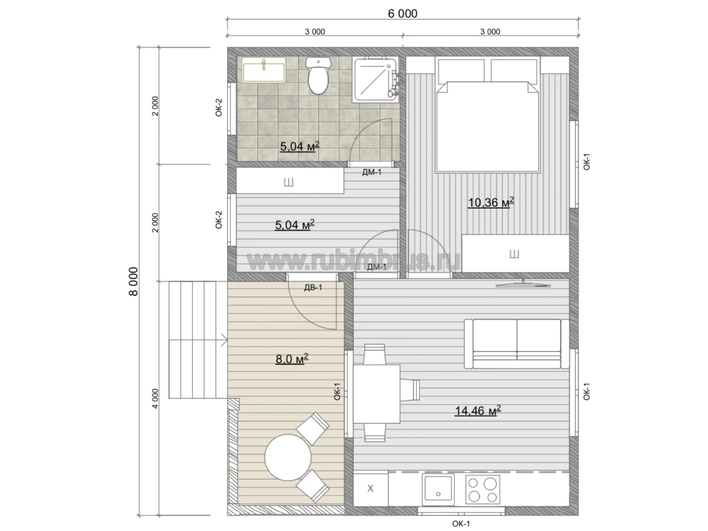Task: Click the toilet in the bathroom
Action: [x=318, y=75]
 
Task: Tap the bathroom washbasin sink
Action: [x=264, y=70]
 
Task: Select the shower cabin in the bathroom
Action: [x=375, y=80]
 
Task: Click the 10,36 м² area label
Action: [x=491, y=203]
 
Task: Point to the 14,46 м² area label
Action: [x=478, y=411]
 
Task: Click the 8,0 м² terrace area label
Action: [x=292, y=358]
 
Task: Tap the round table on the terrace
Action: [x=288, y=457]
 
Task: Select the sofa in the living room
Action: [x=517, y=344]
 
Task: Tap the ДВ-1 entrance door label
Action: [x=313, y=288]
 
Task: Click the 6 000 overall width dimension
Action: [x=403, y=14]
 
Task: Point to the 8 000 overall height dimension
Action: [x=134, y=281]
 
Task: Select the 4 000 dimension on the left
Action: [x=155, y=399]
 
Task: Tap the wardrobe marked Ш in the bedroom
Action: [x=515, y=254]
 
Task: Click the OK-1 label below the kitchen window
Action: [x=461, y=524]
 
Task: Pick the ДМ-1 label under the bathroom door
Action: [x=372, y=172]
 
